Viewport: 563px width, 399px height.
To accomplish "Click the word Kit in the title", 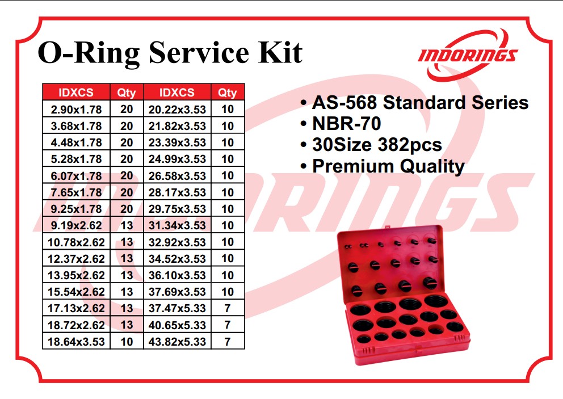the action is tap(280, 52).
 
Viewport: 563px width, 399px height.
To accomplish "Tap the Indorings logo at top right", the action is tap(468, 56).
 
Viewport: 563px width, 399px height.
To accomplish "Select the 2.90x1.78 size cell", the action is tap(76, 109).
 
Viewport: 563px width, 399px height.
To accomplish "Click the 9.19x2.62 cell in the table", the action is tap(76, 225).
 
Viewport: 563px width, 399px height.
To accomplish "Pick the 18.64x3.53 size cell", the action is tap(76, 342).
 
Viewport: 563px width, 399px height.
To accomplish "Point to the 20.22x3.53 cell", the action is tap(177, 109).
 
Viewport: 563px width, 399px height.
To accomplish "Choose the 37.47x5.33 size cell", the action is tap(177, 308).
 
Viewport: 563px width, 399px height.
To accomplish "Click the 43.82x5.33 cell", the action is tap(177, 342).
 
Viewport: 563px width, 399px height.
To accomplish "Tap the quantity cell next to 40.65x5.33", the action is tap(228, 325).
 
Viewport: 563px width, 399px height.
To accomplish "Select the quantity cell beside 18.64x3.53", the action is tap(127, 342).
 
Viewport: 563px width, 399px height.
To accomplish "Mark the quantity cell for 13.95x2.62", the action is tap(127, 275).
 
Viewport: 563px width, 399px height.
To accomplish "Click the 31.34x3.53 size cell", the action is tap(177, 225).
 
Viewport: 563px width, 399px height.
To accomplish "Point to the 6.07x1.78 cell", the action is tap(76, 175).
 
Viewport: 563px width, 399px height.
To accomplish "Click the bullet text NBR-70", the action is tap(347, 124).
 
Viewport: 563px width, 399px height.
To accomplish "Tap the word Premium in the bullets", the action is tap(354, 166).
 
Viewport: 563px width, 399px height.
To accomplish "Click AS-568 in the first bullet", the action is tap(344, 102).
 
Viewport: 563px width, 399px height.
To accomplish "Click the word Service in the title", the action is tap(199, 52).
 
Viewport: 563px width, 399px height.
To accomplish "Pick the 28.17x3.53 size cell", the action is tap(177, 192).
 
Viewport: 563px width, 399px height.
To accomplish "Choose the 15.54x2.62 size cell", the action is tap(76, 292).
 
